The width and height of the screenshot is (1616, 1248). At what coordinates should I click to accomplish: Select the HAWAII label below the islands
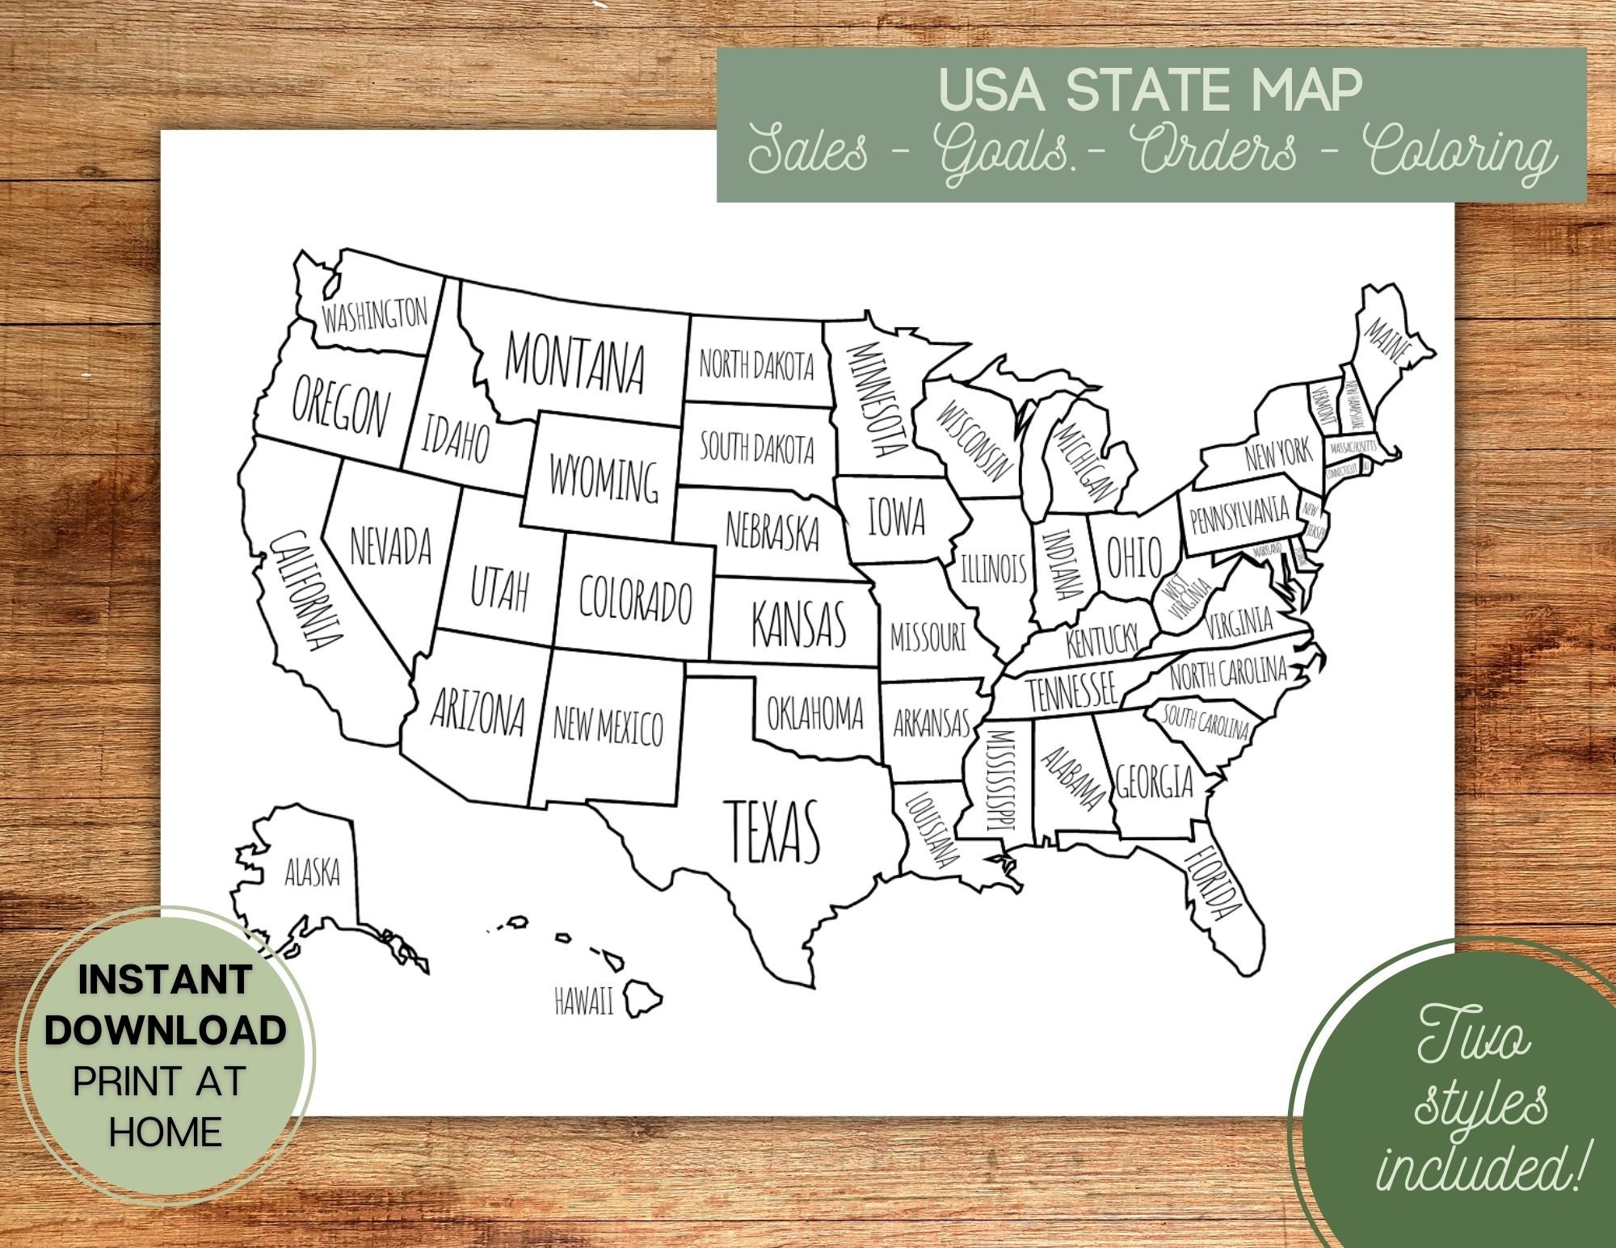click(x=583, y=1002)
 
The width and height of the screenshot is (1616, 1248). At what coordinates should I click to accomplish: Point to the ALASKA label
click(x=312, y=872)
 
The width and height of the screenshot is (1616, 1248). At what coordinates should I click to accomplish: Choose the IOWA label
click(x=896, y=516)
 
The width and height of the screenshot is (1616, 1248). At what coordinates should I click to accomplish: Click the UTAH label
click(x=499, y=590)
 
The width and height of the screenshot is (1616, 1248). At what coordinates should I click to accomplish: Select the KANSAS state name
click(x=797, y=623)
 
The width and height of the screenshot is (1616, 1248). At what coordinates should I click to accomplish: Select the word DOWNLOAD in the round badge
click(x=165, y=1029)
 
